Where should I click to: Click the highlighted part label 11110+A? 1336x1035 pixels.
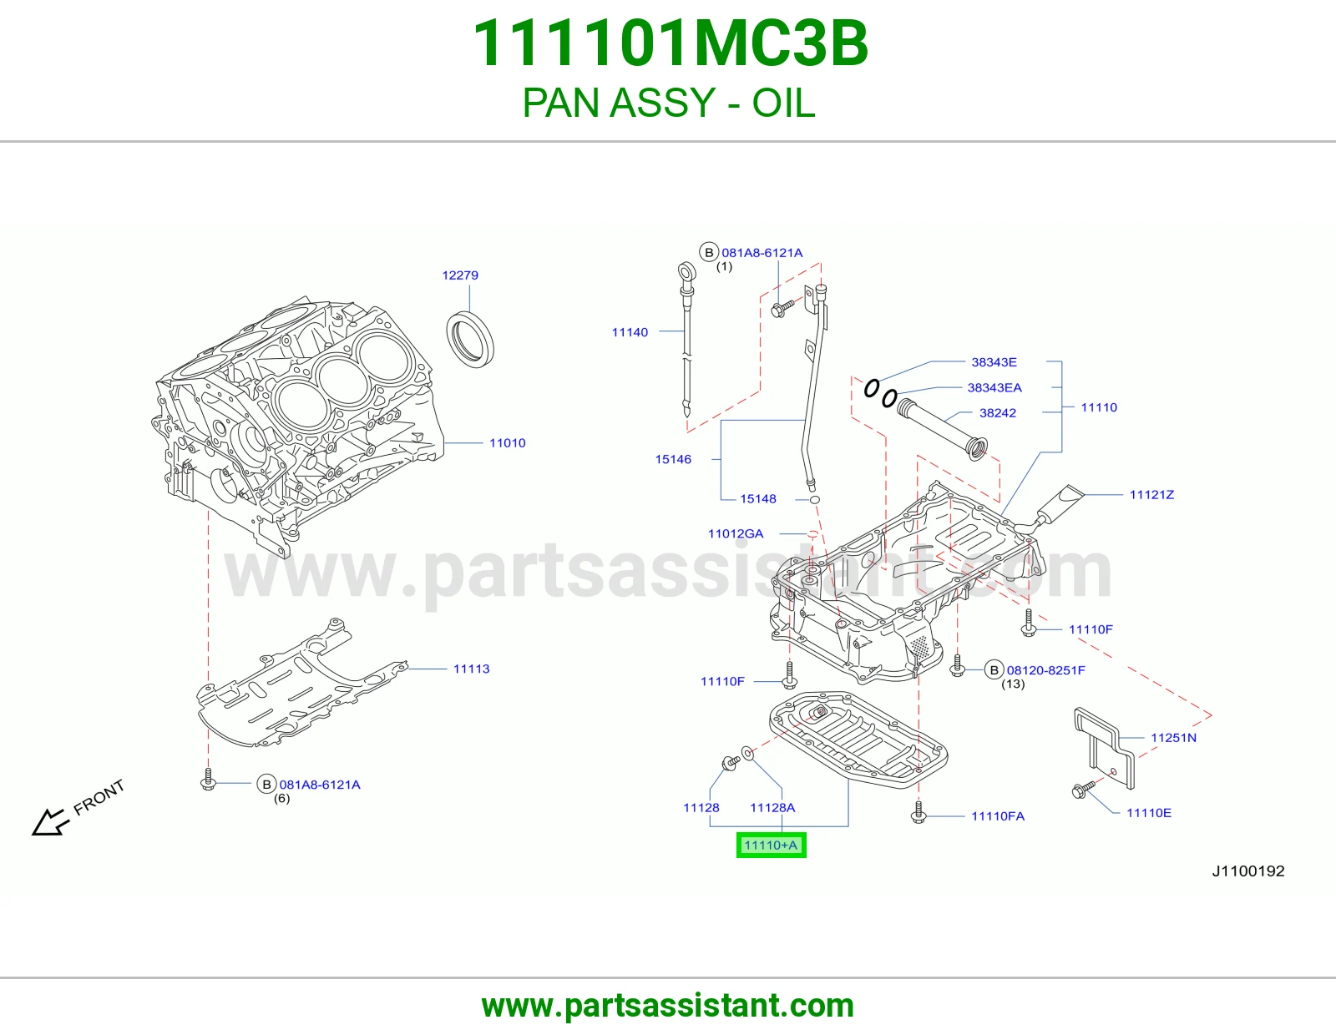coord(771,845)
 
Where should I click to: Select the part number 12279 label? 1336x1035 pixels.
coord(460,275)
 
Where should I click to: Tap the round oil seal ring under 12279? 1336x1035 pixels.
coord(470,340)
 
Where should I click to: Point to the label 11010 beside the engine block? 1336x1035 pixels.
coord(507,443)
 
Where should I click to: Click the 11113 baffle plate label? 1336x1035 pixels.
coord(472,669)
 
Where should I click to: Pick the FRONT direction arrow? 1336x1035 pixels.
coord(50,822)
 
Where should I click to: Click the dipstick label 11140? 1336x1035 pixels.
coord(630,332)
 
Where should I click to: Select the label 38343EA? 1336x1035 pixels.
coord(994,388)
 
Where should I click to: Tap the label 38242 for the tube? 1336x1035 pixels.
coord(998,413)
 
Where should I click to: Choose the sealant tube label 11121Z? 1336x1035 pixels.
coord(1151,495)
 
